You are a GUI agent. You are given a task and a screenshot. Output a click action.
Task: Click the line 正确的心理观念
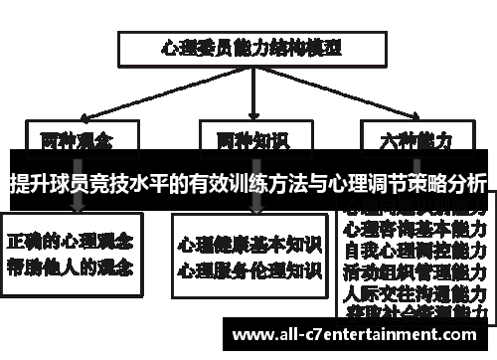74,243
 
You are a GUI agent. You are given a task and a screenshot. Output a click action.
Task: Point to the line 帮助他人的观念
74,268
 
